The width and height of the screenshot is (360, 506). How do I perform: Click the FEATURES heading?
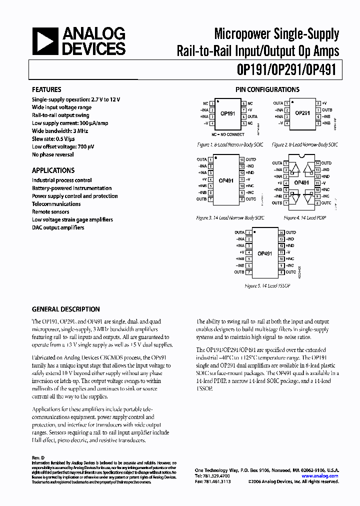tap(46, 89)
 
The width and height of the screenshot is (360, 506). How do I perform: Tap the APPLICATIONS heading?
tap(53, 170)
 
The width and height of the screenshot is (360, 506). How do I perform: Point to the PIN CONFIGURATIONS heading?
tap(267, 89)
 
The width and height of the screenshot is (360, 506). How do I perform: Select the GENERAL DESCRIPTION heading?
tap(65, 309)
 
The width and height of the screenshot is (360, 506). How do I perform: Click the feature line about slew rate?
tap(53, 138)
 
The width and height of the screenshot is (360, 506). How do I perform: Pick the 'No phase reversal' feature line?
tap(53, 154)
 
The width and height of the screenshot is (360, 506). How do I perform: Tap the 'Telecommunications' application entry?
tap(56, 204)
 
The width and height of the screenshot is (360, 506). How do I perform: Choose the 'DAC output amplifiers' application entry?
tap(58, 227)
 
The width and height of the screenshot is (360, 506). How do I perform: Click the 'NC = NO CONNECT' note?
tap(227, 134)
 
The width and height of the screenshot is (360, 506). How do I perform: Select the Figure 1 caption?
tap(230, 144)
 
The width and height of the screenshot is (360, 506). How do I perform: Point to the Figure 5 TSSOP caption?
tap(267, 285)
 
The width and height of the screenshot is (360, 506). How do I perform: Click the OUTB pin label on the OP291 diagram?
tap(326, 109)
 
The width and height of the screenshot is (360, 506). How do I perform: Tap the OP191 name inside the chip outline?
tap(227, 113)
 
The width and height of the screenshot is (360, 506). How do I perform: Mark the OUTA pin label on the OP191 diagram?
tap(252, 116)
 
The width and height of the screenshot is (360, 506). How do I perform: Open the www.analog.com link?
tap(320, 476)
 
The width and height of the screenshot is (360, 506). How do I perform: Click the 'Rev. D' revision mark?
tap(38, 457)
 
